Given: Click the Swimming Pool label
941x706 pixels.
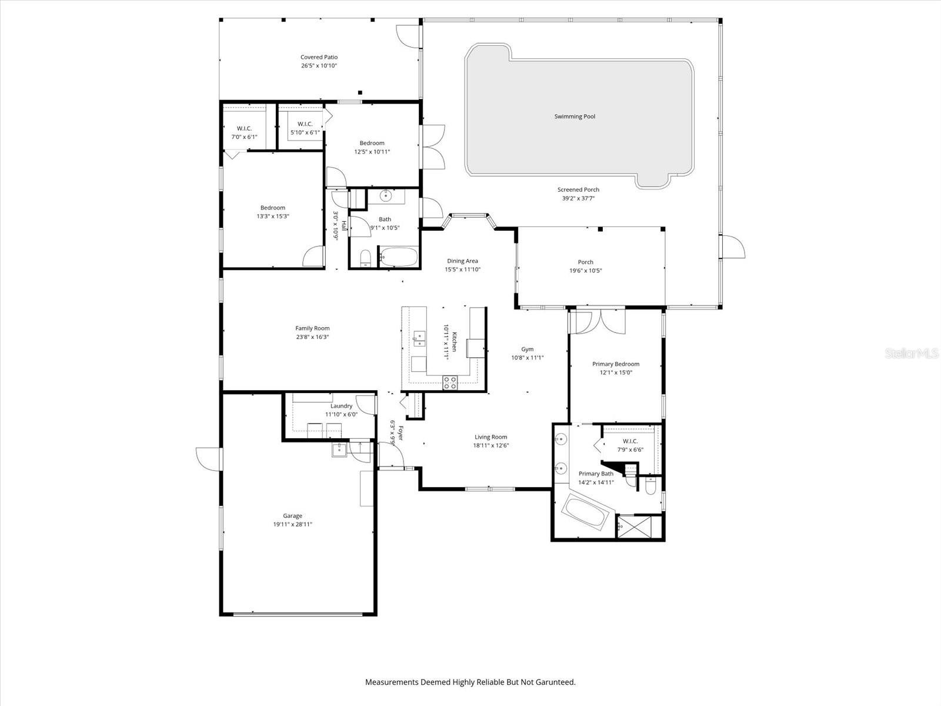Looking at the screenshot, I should pyautogui.click(x=575, y=116).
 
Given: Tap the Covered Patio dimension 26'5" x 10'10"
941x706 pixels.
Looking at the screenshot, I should pyautogui.click(x=319, y=66).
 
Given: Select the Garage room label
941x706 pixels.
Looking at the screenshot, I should pyautogui.click(x=292, y=516).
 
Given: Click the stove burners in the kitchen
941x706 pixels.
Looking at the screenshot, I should pyautogui.click(x=450, y=382).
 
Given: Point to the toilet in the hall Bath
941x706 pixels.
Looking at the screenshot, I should pyautogui.click(x=365, y=258).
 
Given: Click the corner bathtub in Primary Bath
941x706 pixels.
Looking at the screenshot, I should pyautogui.click(x=585, y=512).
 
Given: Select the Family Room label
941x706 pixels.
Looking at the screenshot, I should pyautogui.click(x=312, y=328).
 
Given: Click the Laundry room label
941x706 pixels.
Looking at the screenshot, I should pyautogui.click(x=341, y=406).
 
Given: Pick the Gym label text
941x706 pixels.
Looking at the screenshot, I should pyautogui.click(x=527, y=349).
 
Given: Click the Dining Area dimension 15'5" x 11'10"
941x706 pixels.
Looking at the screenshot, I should pyautogui.click(x=462, y=269).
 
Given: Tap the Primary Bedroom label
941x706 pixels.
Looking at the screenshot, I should pyautogui.click(x=615, y=364).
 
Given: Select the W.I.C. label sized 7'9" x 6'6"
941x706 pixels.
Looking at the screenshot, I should pyautogui.click(x=630, y=449).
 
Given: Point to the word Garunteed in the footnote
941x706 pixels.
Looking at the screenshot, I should pyautogui.click(x=555, y=682).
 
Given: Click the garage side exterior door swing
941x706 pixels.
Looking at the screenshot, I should pyautogui.click(x=207, y=459).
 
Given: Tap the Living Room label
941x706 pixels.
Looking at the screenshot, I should pyautogui.click(x=490, y=437).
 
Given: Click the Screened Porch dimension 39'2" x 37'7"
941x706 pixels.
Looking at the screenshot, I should pyautogui.click(x=578, y=198).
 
